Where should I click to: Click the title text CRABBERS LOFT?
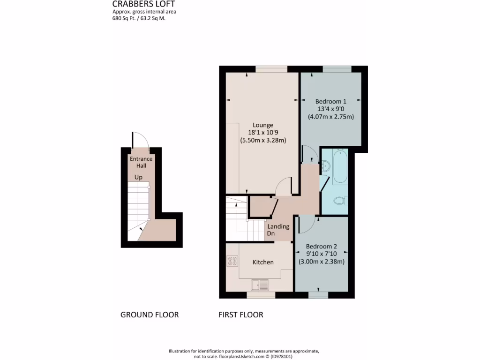click(143, 4)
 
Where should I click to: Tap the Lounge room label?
click(263, 125)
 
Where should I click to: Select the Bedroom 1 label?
click(330, 101)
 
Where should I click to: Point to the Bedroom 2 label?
click(322, 247)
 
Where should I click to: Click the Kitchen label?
click(263, 262)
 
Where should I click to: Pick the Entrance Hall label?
click(141, 162)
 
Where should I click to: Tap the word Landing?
click(278, 226)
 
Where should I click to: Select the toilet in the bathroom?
click(340, 201)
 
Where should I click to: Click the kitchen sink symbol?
click(260, 284)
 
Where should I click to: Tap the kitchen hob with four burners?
click(232, 261)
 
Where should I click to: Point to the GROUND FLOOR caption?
click(150, 315)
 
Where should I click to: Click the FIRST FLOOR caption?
click(241, 315)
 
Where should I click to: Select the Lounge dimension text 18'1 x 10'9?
click(263, 133)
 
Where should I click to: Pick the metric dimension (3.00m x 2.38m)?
click(322, 262)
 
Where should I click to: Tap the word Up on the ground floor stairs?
click(139, 178)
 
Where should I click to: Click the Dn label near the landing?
click(271, 233)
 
